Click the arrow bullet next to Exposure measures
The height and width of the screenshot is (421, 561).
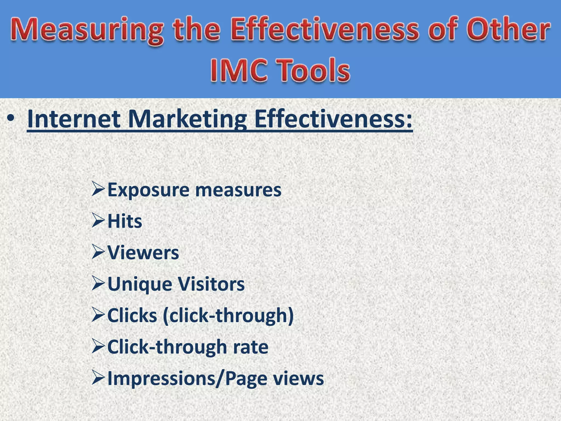(98, 190)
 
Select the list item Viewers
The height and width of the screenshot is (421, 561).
(143, 252)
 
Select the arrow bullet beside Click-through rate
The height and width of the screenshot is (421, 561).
(98, 347)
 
